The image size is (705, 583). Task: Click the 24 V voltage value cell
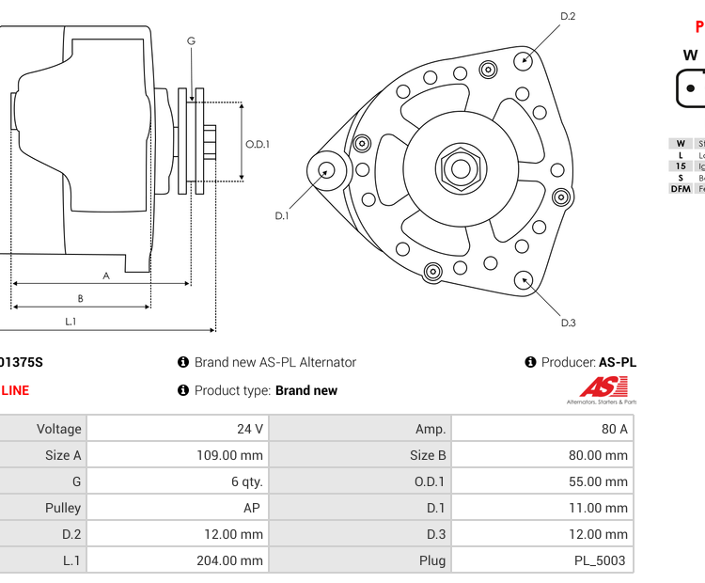[x=250, y=429]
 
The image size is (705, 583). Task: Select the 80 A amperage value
[x=616, y=429]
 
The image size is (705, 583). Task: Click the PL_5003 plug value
[x=602, y=560]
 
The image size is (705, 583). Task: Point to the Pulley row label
[x=63, y=508]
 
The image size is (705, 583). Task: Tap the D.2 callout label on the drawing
[x=568, y=16]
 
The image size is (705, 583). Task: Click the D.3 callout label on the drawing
[x=568, y=323]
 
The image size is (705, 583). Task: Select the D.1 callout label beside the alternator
[x=281, y=216]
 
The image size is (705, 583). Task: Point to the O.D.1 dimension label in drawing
[x=258, y=144]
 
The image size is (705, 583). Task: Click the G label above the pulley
[x=191, y=40]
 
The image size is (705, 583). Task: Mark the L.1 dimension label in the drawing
[x=70, y=322]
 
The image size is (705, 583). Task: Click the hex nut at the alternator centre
[x=460, y=169]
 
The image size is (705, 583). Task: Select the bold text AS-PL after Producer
[x=618, y=362]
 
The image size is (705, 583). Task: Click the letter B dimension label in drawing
[x=80, y=299]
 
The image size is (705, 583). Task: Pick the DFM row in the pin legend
[x=681, y=189]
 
